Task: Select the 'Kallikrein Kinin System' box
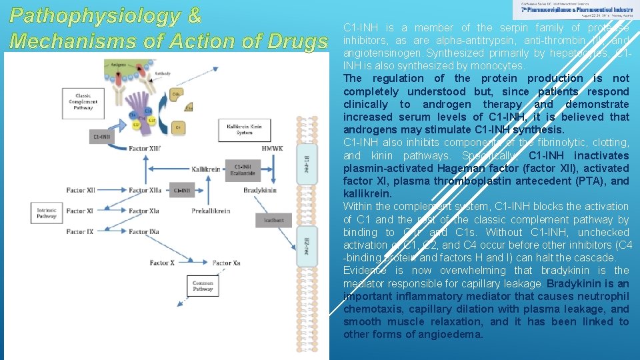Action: (244, 128)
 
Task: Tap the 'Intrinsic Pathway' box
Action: (46, 211)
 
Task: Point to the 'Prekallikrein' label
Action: (211, 211)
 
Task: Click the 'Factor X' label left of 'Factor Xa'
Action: (162, 263)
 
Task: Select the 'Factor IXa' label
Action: (144, 232)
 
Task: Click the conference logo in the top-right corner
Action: (575, 9)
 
